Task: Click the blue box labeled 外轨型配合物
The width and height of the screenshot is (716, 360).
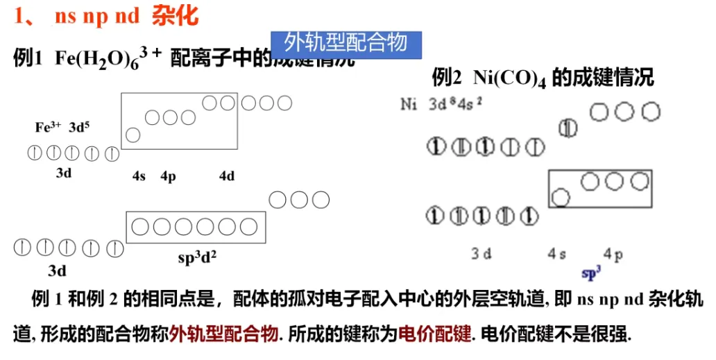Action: [x=346, y=43]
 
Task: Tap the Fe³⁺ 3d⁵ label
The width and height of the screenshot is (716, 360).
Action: [x=62, y=128]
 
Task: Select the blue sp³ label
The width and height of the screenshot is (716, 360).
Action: [x=591, y=274]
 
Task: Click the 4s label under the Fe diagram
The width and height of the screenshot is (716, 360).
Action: [x=139, y=176]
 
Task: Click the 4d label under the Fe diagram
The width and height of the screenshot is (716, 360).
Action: [x=227, y=176]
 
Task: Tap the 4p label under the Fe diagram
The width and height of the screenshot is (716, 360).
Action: [x=168, y=176]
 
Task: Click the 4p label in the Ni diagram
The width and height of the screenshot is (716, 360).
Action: [x=613, y=255]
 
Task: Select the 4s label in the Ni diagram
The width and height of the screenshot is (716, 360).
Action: [x=556, y=255]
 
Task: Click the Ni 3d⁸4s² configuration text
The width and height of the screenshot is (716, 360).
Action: [x=442, y=105]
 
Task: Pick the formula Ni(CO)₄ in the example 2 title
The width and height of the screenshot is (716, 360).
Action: [x=510, y=78]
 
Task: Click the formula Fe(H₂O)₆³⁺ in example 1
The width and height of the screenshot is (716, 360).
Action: [x=108, y=58]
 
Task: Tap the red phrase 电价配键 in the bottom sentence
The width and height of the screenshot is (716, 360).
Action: [x=436, y=334]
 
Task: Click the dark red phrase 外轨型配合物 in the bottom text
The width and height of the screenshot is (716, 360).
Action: [x=225, y=334]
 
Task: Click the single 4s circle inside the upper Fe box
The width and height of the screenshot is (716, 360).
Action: [x=133, y=135]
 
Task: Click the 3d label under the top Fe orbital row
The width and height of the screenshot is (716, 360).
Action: [x=64, y=173]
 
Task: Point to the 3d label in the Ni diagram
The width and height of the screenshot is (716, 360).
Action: [x=481, y=254]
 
